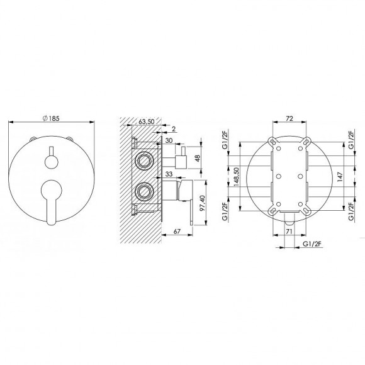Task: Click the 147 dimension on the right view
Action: pyautogui.click(x=339, y=177)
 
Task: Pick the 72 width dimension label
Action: pyautogui.click(x=290, y=117)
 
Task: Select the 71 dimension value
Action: pyautogui.click(x=290, y=232)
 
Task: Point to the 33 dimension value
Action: pyautogui.click(x=169, y=174)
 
